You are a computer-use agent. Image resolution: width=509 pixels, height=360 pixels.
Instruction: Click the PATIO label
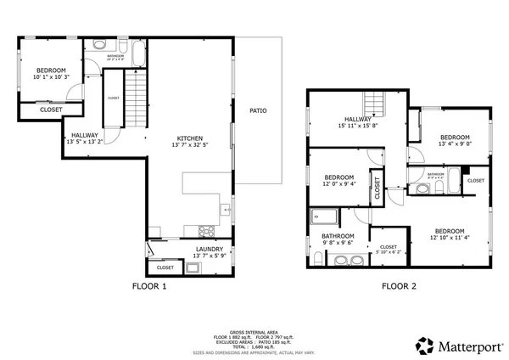pos(259,110)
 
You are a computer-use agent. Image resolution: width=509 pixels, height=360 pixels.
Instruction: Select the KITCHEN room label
pos(189,139)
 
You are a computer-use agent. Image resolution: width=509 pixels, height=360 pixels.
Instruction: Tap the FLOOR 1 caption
pos(149,286)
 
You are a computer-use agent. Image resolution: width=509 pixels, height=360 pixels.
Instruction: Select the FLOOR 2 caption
pos(399,286)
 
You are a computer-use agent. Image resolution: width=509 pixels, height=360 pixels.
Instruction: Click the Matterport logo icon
pos(422,345)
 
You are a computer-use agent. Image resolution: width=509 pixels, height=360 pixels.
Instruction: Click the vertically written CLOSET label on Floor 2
pos(378,191)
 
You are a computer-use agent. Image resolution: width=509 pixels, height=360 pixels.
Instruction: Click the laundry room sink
pos(193,267)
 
